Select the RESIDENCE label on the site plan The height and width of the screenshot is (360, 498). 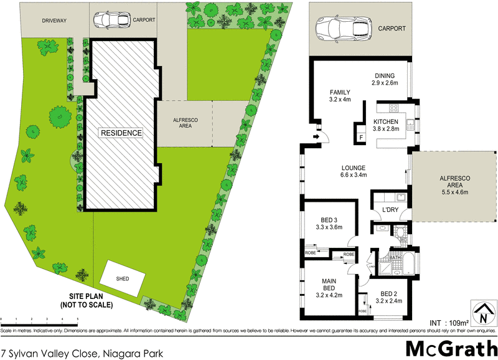click(122, 133)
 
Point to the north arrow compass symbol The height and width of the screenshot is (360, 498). click(481, 314)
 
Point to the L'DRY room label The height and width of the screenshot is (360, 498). click(390, 210)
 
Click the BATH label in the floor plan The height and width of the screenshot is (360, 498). click(395, 257)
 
